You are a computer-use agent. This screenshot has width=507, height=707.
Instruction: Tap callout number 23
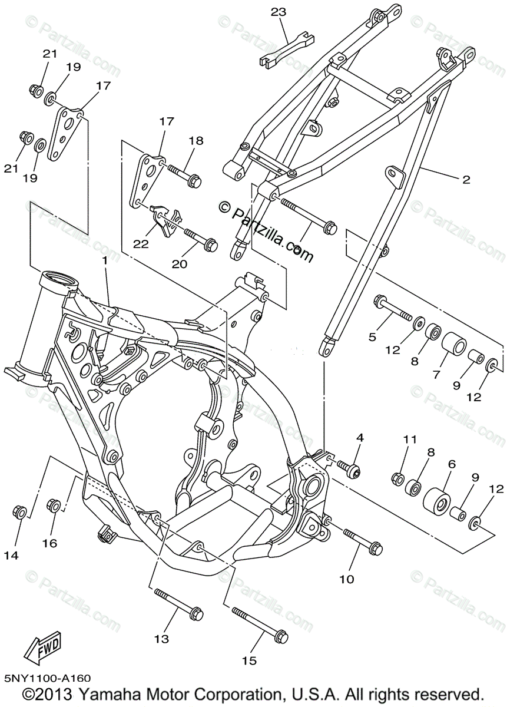278,11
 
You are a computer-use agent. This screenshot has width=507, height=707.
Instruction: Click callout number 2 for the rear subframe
466,180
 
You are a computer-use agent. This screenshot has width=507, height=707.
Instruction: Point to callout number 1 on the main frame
104,260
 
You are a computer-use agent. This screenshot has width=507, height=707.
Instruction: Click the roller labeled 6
437,500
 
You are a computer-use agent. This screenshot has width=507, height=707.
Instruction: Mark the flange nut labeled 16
53,506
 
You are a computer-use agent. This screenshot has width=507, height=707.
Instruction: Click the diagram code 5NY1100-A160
47,679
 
